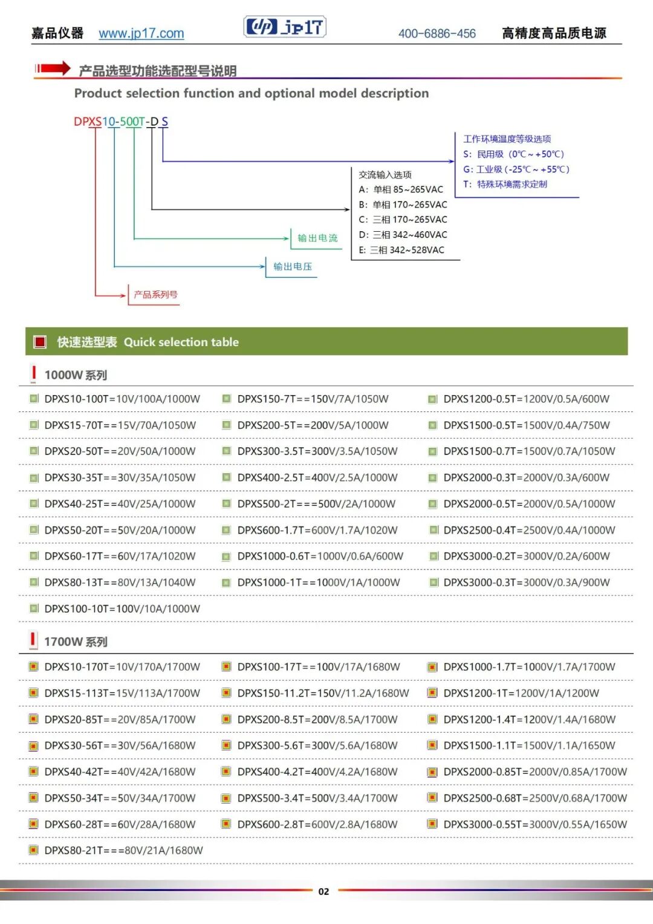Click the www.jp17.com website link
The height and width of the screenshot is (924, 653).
pos(141,33)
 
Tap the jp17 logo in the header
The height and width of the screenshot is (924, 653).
pos(284,27)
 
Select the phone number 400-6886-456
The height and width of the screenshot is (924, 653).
pos(437,33)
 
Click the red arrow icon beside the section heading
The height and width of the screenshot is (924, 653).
pos(53,68)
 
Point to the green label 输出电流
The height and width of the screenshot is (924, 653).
pos(317,238)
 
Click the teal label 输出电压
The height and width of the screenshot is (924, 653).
pos(292,266)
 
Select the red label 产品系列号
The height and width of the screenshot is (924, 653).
pos(155,295)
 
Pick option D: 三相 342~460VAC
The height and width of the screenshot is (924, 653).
pos(403,235)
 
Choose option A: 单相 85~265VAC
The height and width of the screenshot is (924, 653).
pos(401,189)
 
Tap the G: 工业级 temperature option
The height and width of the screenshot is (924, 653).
pos(516,169)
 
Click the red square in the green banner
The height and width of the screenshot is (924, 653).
pos(40,341)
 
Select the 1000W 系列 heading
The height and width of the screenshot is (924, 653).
pos(76,375)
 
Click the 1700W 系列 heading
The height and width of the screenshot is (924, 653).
pos(76,641)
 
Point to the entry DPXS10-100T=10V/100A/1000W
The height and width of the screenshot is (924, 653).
pos(122,399)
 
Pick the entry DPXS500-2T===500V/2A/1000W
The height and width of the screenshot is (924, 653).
pos(316,503)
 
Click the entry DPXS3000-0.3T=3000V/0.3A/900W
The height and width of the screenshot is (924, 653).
pos(527,582)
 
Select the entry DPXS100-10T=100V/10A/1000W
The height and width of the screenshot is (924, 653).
pos(122,609)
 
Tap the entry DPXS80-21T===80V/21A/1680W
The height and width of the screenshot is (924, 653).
pos(124,850)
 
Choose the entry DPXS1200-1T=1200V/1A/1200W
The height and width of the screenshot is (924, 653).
pos(521,693)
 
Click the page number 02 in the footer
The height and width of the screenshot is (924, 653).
pos(323,891)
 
